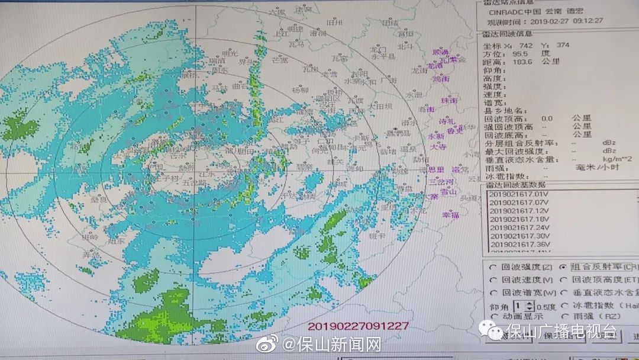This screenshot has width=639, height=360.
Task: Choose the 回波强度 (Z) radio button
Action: (x=492, y=266)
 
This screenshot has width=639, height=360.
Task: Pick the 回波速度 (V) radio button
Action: (x=492, y=279)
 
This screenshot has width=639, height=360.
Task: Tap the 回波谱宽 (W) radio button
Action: (x=492, y=292)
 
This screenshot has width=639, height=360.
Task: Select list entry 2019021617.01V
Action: (x=520, y=194)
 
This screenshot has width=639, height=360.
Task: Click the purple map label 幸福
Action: (x=450, y=215)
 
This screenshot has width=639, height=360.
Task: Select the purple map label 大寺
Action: (x=438, y=147)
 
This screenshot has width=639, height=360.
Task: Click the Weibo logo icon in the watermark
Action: (x=273, y=344)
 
